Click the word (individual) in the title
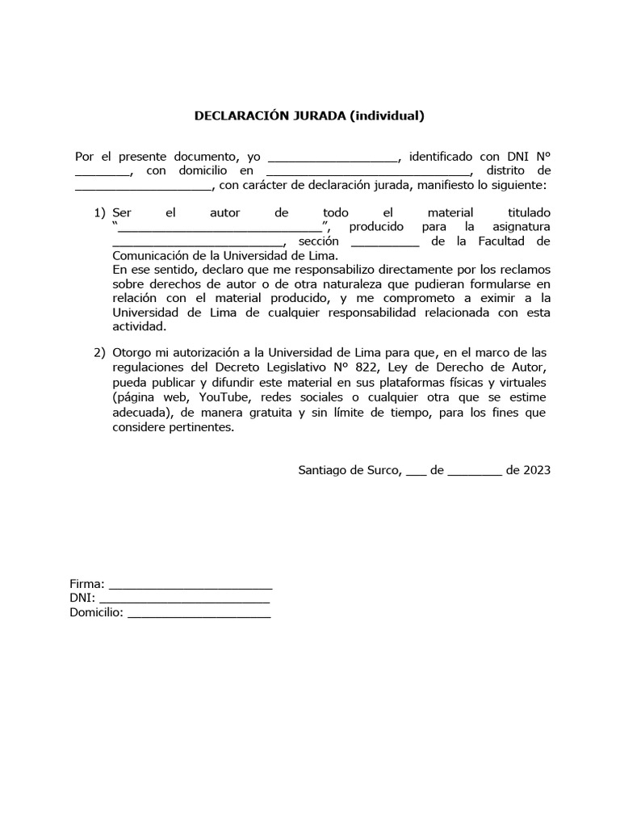click(x=387, y=115)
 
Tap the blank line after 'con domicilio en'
click(x=367, y=172)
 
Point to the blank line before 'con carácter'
click(x=143, y=187)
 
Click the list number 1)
click(x=99, y=213)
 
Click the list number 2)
click(x=99, y=353)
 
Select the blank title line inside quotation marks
click(x=220, y=228)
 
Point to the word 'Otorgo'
click(x=131, y=353)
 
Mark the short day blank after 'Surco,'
click(x=415, y=472)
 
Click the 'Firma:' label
click(x=87, y=583)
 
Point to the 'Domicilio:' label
click(x=97, y=614)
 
